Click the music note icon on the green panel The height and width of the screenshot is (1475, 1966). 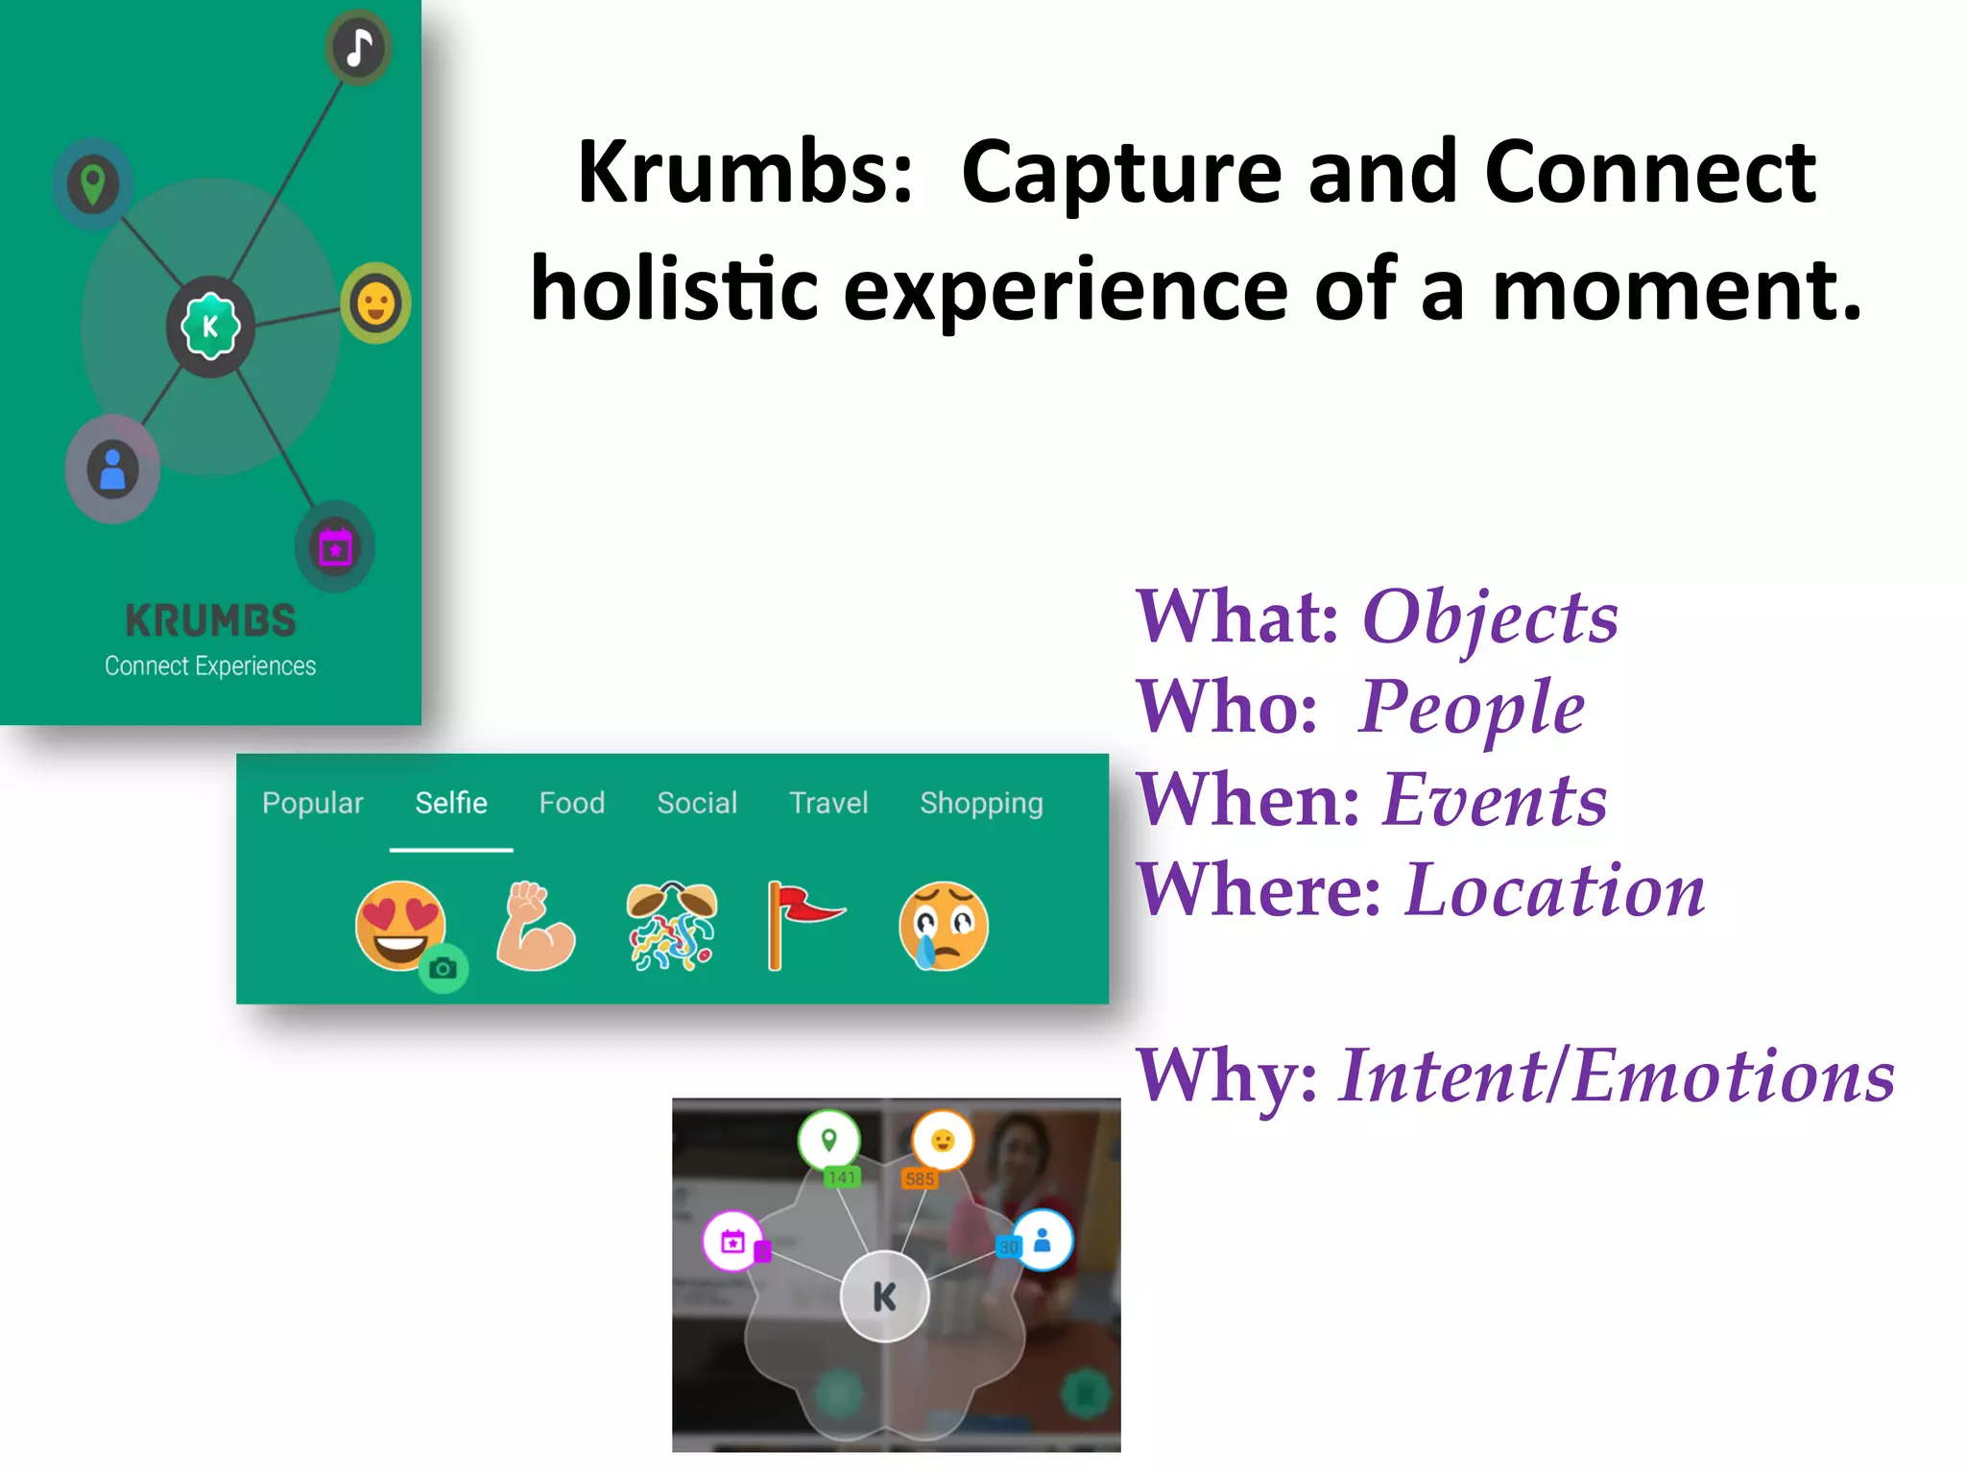tap(358, 47)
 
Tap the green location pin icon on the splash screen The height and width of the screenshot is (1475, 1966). tap(92, 182)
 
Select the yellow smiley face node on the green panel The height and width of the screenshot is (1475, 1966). tap(375, 303)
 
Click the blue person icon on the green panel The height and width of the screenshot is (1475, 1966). tap(112, 469)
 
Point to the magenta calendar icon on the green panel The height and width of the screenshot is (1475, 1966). tap(335, 546)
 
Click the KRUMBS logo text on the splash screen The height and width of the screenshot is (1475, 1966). tap(210, 620)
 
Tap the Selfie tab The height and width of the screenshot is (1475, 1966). tap(451, 803)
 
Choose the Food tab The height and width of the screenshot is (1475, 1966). tap(572, 803)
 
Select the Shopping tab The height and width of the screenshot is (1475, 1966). tap(981, 803)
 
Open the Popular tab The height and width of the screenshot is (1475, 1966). tap(313, 803)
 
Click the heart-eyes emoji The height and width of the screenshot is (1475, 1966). tap(400, 925)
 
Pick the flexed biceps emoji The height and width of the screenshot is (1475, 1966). tap(535, 926)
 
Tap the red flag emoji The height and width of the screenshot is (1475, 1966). tap(803, 925)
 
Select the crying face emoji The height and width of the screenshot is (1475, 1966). tap(944, 926)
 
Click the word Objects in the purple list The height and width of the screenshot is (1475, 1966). tap(1490, 617)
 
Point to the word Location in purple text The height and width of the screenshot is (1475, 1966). tap(1555, 890)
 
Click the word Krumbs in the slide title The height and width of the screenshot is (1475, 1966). tap(745, 172)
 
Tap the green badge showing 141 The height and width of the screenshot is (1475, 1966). tap(842, 1177)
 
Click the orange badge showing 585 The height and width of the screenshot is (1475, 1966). tap(919, 1179)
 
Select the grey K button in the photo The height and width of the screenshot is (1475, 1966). tap(884, 1296)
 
